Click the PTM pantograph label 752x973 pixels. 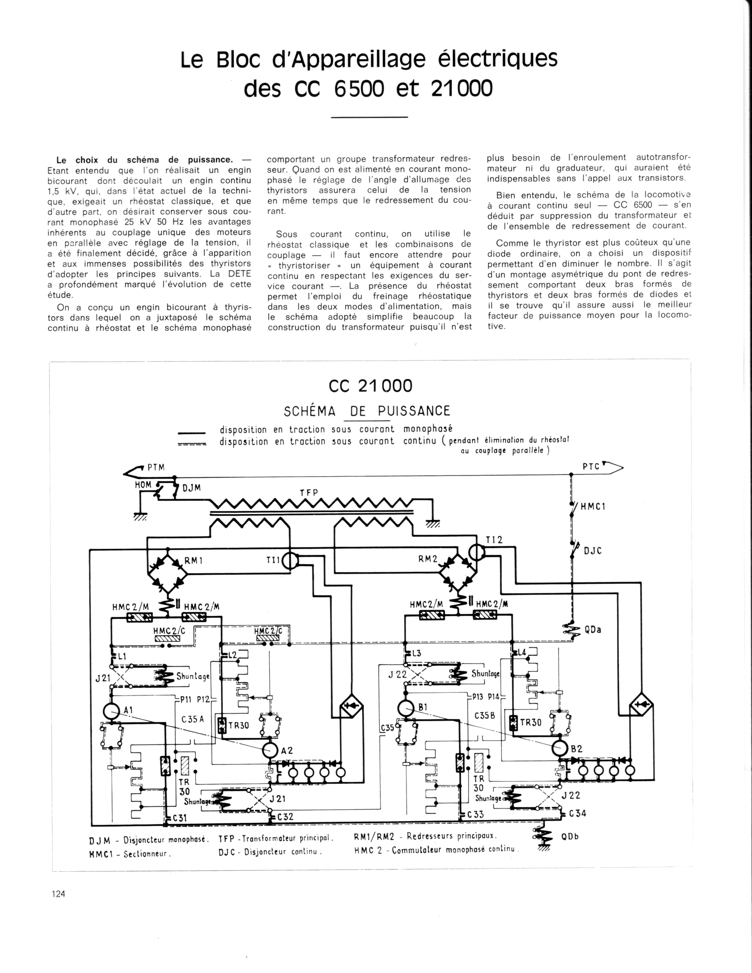tap(156, 467)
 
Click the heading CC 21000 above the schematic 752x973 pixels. tap(370, 386)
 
